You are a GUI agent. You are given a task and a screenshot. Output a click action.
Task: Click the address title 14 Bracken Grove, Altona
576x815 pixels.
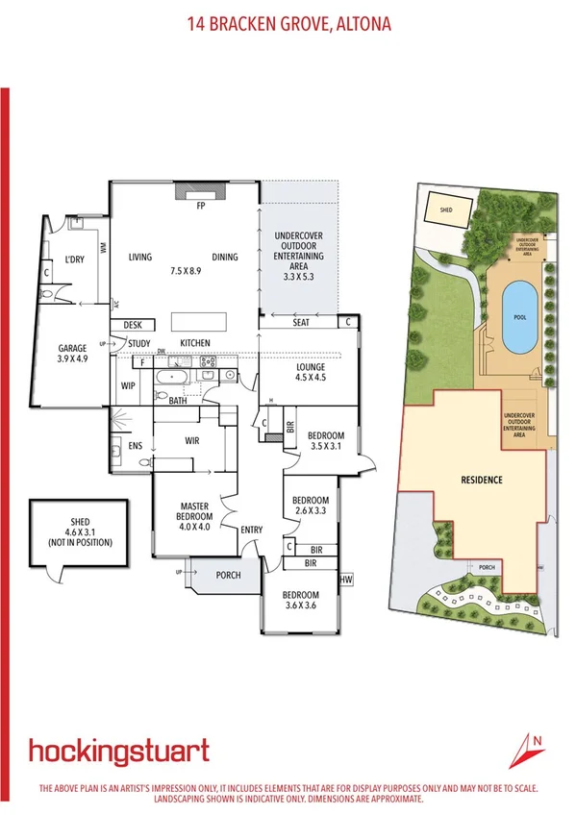(x=288, y=23)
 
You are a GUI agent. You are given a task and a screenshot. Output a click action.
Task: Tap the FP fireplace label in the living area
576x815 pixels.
(x=202, y=206)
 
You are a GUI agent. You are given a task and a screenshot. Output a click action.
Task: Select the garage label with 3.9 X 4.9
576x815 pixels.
(x=72, y=353)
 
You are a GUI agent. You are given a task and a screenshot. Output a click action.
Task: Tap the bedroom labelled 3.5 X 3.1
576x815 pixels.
(x=325, y=440)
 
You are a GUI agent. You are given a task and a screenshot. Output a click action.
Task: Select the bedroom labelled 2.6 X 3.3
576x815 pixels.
(x=311, y=506)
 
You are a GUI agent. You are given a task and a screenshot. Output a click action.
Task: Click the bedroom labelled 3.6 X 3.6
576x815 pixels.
(x=300, y=601)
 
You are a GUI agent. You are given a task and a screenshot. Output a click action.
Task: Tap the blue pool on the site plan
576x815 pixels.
(x=520, y=317)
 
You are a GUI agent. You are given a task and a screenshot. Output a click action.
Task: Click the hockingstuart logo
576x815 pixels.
(x=118, y=751)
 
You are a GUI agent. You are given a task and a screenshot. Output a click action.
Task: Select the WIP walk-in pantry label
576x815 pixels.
(x=128, y=386)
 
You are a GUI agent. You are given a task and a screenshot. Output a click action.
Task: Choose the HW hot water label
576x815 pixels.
(x=346, y=579)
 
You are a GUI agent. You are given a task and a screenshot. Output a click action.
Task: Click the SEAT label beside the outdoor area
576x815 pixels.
(x=301, y=323)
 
